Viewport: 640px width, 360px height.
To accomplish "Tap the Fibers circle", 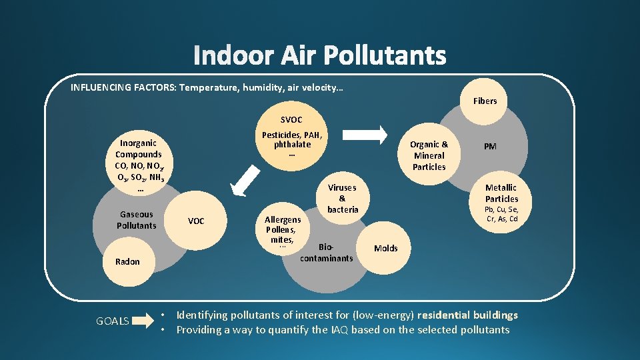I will point(485,101).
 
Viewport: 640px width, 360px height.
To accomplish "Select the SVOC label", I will point(291,120).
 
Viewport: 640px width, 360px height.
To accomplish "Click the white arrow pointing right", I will point(365,135).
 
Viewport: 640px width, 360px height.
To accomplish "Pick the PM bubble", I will point(490,147).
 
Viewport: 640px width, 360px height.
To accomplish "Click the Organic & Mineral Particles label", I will point(429,155).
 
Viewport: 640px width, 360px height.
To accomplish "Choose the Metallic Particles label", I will point(501,193).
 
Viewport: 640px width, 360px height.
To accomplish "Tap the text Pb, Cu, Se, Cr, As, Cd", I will point(501,214).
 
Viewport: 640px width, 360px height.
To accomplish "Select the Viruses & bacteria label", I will point(343,199).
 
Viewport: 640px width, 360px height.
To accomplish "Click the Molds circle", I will point(385,249).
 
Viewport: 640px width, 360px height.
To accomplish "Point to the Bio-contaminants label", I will point(327,253).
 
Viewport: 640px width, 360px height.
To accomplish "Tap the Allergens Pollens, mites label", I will point(283,230).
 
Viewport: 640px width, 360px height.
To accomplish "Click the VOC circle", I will point(196,221).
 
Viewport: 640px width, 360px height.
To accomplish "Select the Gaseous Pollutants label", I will point(137,220).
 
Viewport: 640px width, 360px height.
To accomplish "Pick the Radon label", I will point(127,261).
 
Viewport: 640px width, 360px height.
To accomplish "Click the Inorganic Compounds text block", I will point(139,165).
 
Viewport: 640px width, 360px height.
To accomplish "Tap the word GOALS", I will point(113,321).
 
